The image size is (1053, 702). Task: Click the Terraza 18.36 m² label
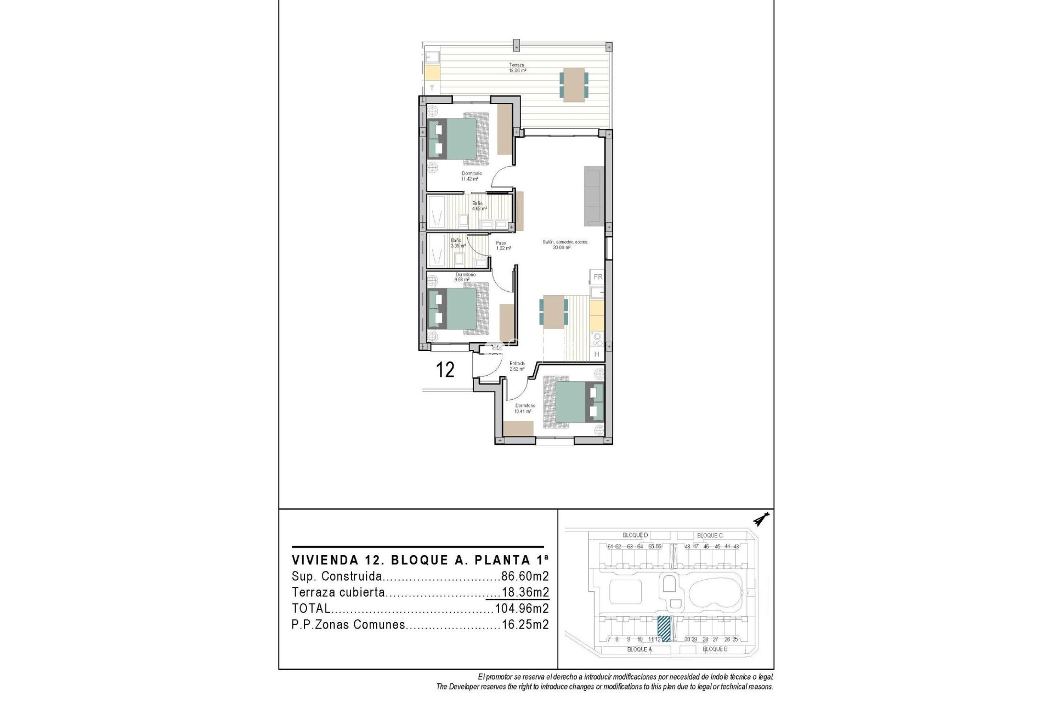(517, 67)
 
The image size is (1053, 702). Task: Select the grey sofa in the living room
(593, 196)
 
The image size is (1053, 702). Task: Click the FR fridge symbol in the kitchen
(597, 277)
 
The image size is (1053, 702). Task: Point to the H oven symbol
(597, 355)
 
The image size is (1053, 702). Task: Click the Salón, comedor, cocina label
(564, 245)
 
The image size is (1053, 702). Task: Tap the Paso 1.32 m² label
(503, 246)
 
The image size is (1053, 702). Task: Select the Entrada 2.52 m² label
(517, 366)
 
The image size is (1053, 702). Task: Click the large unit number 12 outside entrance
(445, 370)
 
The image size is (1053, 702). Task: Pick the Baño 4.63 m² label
(479, 206)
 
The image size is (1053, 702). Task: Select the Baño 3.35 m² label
(457, 243)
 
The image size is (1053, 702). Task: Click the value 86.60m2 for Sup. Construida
(525, 576)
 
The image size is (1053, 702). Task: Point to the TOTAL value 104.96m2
(522, 608)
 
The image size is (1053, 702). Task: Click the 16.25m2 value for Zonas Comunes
(525, 625)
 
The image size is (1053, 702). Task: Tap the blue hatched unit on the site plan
(664, 629)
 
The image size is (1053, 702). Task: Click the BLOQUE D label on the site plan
(635, 535)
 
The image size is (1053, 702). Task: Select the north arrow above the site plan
(761, 519)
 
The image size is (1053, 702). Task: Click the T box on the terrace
(432, 88)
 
